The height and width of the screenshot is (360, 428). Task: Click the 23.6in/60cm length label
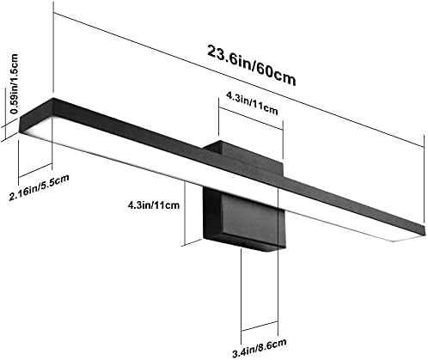(x=251, y=65)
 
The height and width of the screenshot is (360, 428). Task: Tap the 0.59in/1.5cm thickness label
(x=14, y=84)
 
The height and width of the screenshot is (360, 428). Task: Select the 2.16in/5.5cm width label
(x=40, y=187)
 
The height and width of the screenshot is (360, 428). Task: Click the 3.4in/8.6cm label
(x=260, y=348)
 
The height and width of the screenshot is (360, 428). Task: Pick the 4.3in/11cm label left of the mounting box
(x=154, y=205)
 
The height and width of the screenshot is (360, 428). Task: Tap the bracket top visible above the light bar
(x=243, y=156)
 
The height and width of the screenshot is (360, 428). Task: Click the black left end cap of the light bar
(x=36, y=114)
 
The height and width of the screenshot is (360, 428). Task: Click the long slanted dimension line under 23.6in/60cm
(x=238, y=80)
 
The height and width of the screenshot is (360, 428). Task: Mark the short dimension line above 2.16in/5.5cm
(x=35, y=170)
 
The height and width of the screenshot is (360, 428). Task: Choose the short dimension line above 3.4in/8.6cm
(x=260, y=326)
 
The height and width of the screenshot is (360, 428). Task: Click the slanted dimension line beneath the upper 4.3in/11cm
(x=251, y=119)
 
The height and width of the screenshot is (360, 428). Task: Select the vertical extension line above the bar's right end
(x=424, y=179)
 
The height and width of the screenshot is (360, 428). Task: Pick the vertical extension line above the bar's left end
(x=53, y=46)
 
